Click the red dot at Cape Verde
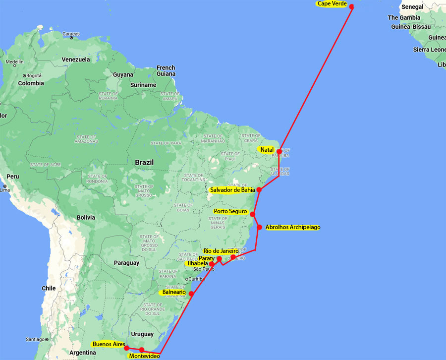(x=351, y=7)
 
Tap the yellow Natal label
(x=267, y=150)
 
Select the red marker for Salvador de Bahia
(x=259, y=190)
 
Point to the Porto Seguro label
(x=230, y=212)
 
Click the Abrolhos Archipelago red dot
(x=259, y=227)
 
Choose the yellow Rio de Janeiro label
(x=221, y=251)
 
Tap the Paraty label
(x=206, y=258)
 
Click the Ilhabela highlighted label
(x=197, y=264)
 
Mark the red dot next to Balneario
(x=191, y=294)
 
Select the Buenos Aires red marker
(x=127, y=348)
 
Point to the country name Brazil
(x=144, y=162)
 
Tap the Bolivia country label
(x=86, y=217)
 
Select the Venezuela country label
(x=75, y=60)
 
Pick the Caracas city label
(x=71, y=34)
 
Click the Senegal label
(x=412, y=7)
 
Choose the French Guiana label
(x=166, y=71)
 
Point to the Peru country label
(x=12, y=177)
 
